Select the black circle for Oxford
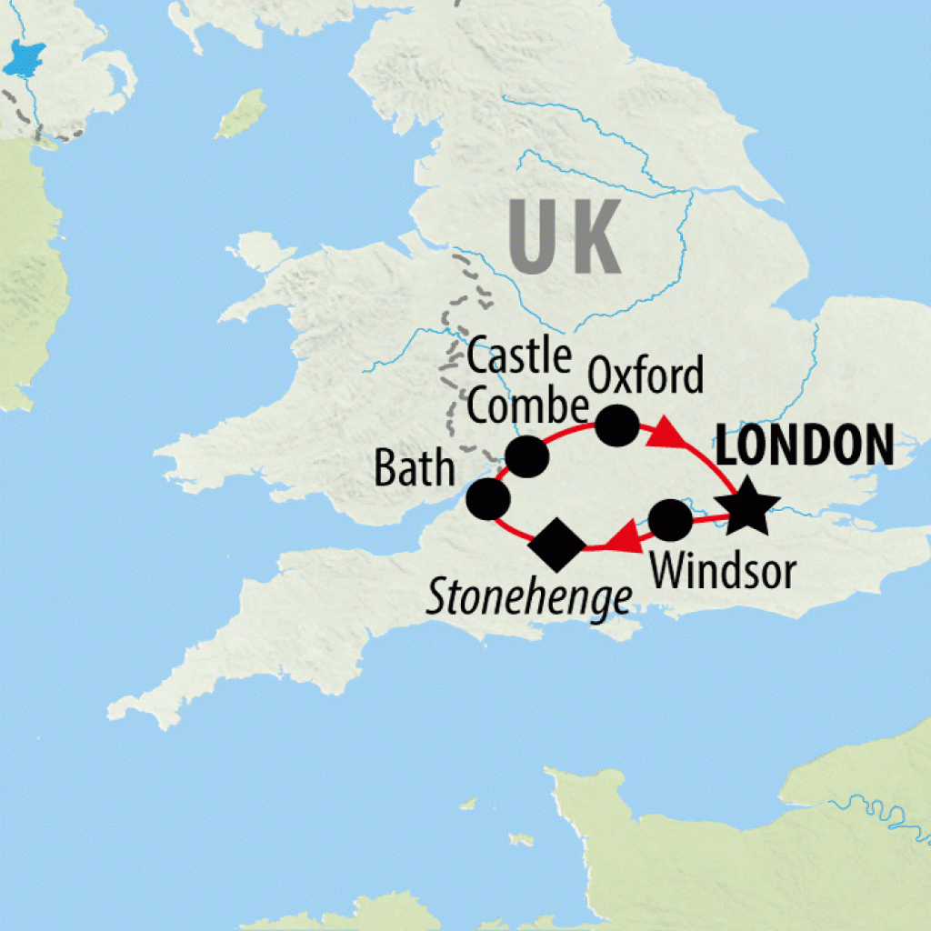click(616, 425)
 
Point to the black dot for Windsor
click(671, 521)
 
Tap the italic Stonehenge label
click(529, 598)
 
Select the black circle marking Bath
click(487, 499)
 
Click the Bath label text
click(414, 469)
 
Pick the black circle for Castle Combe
click(526, 456)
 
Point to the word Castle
click(518, 358)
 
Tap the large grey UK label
click(564, 236)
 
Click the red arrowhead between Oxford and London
click(669, 435)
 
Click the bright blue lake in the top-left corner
click(25, 59)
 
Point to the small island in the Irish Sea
click(240, 113)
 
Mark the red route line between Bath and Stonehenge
click(515, 529)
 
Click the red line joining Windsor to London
click(710, 519)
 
